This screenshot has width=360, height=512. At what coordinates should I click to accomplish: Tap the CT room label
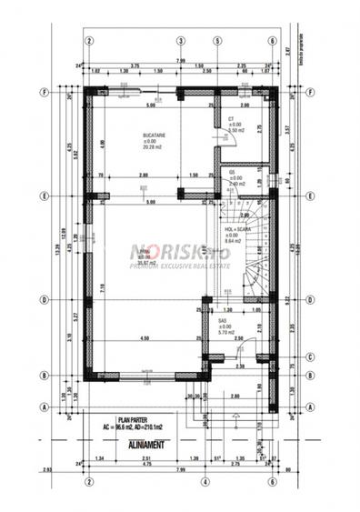[x=232, y=119]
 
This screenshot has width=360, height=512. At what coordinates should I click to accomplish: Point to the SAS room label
[x=223, y=319]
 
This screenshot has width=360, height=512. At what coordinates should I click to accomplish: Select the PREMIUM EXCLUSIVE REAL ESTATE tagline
[x=179, y=266]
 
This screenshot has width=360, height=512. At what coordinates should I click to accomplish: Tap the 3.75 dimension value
[x=134, y=65]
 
